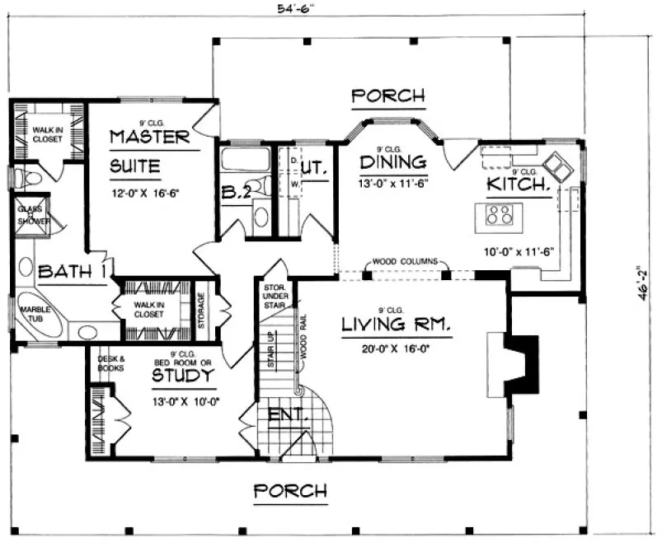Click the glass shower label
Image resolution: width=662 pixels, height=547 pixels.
pyautogui.click(x=34, y=216)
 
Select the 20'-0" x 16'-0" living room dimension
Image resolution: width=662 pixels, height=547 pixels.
pyautogui.click(x=397, y=348)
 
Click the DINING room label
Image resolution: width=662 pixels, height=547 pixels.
pyautogui.click(x=393, y=161)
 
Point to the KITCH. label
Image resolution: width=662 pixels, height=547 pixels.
pyautogui.click(x=518, y=185)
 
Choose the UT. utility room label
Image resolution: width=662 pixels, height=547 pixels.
pyautogui.click(x=314, y=169)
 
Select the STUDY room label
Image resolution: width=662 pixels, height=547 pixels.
pyautogui.click(x=185, y=376)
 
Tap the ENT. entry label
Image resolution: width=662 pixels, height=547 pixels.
pyautogui.click(x=285, y=417)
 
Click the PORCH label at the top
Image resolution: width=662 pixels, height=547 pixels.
pyautogui.click(x=387, y=96)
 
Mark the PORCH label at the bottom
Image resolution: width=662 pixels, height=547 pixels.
pyautogui.click(x=289, y=492)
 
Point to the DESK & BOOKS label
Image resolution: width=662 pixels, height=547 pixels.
pyautogui.click(x=110, y=362)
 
